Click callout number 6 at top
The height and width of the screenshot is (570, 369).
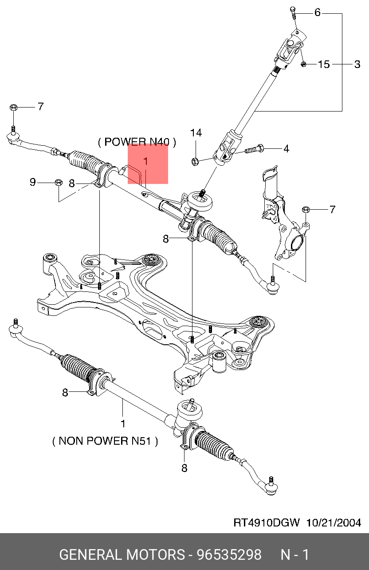[317, 12]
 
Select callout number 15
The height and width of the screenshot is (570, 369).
[324, 64]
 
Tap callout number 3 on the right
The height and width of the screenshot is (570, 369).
[357, 64]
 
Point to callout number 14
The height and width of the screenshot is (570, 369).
[196, 133]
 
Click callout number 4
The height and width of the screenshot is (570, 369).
[286, 149]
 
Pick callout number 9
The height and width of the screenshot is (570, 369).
[32, 182]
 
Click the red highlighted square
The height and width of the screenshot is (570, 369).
[148, 163]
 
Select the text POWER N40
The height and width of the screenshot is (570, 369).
[137, 142]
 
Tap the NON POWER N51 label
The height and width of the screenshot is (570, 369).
[105, 441]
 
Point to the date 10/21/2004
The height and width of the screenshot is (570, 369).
[333, 522]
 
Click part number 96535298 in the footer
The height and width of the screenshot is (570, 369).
[229, 555]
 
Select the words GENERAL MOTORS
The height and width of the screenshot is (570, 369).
[122, 555]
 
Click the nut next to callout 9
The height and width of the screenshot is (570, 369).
[58, 182]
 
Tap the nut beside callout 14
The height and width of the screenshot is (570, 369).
[194, 160]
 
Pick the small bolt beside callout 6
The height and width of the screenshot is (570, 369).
[294, 11]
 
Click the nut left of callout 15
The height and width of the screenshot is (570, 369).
[304, 64]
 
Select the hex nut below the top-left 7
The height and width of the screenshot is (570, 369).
[13, 107]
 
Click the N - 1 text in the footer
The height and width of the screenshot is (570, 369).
[295, 555]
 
